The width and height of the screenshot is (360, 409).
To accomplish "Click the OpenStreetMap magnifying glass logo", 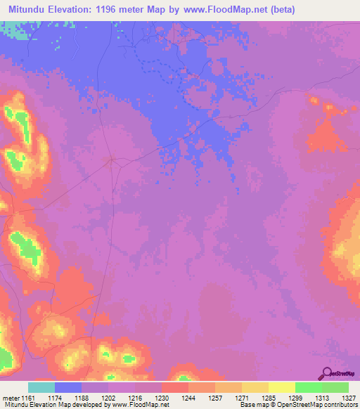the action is tap(328, 372).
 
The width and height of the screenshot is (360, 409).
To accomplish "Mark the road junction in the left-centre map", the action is tap(111, 161).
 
